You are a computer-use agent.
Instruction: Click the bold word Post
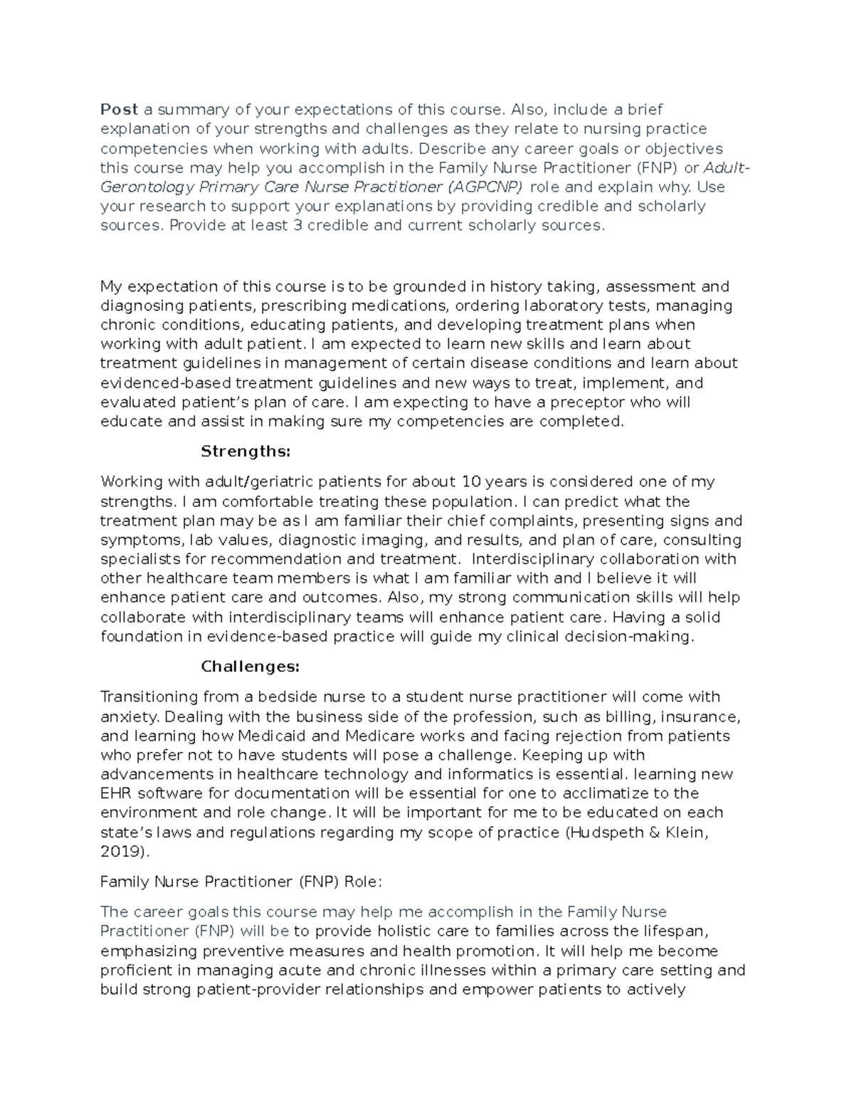[x=119, y=110]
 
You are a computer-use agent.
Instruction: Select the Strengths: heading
[x=246, y=452]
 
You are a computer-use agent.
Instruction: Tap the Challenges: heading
[x=250, y=667]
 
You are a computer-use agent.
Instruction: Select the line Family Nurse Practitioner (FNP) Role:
[x=241, y=882]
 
